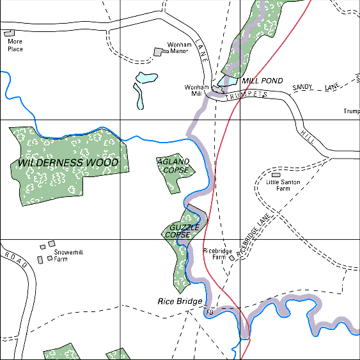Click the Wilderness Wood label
coord(68,163)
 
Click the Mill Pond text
coord(262,81)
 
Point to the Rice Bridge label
coord(180,301)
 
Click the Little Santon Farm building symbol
coord(276,175)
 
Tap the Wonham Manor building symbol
coord(159,52)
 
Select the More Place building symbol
coord(9,33)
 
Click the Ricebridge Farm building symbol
coord(232,258)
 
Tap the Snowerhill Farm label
coord(70,256)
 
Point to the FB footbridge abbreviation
coord(208,313)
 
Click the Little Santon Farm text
coord(283,185)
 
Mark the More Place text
coord(15,45)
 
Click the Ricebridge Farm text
coord(217,254)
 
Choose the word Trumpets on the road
coord(246,94)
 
